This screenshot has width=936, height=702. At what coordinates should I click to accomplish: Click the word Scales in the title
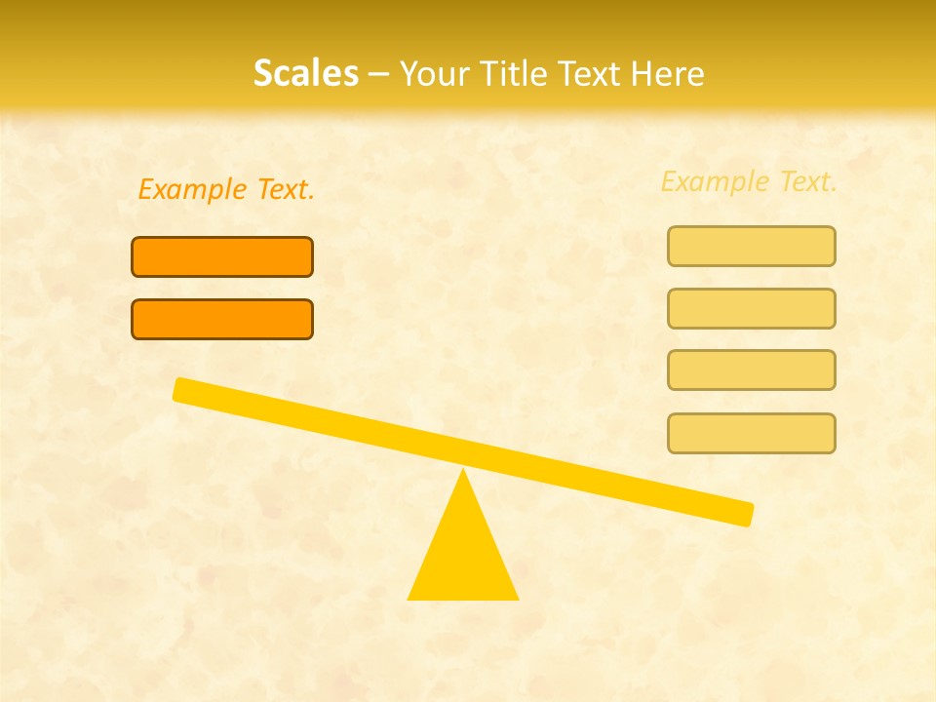pos(305,73)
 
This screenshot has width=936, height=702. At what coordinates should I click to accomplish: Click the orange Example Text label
pos(226,189)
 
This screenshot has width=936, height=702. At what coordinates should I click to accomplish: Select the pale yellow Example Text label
pos(749,181)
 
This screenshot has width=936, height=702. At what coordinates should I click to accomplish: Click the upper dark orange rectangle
pos(222,256)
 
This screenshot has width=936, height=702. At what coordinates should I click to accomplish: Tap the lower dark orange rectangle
pos(222,319)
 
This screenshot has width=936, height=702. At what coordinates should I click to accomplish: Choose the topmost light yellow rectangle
pos(752,246)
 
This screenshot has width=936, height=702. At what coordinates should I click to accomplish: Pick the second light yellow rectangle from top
pos(752,308)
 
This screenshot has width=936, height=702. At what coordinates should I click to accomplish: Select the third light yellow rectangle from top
pos(752,370)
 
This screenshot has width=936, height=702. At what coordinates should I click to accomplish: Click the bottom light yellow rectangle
pos(752,433)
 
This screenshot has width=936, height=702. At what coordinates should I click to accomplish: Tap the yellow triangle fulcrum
pos(463,556)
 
